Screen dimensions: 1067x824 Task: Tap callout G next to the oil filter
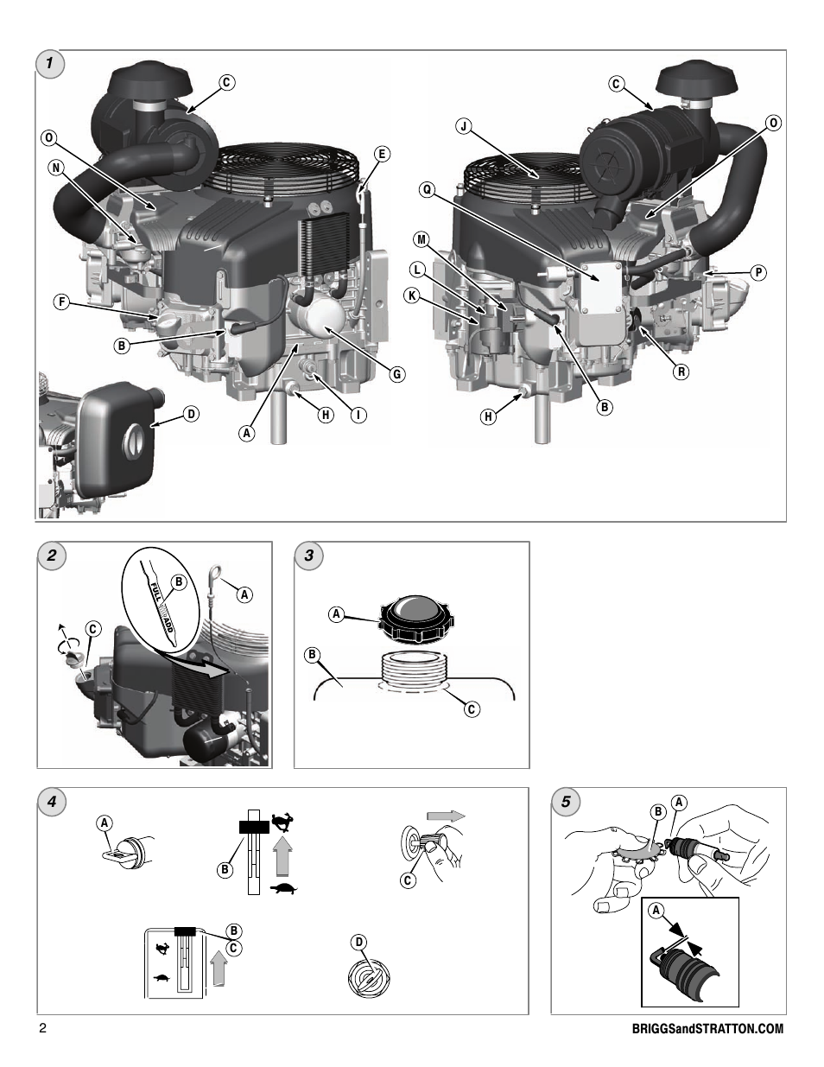click(x=396, y=374)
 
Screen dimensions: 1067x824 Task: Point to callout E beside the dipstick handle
click(x=381, y=155)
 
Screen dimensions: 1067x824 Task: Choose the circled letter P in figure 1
click(x=757, y=272)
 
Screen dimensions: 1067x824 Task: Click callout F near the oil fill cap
click(x=61, y=302)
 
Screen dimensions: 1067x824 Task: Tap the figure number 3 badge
click(x=308, y=556)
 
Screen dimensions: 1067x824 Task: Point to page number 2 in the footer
click(x=41, y=1029)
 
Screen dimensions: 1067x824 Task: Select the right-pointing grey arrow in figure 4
click(x=446, y=816)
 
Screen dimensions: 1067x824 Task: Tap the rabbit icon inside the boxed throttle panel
click(x=162, y=950)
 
